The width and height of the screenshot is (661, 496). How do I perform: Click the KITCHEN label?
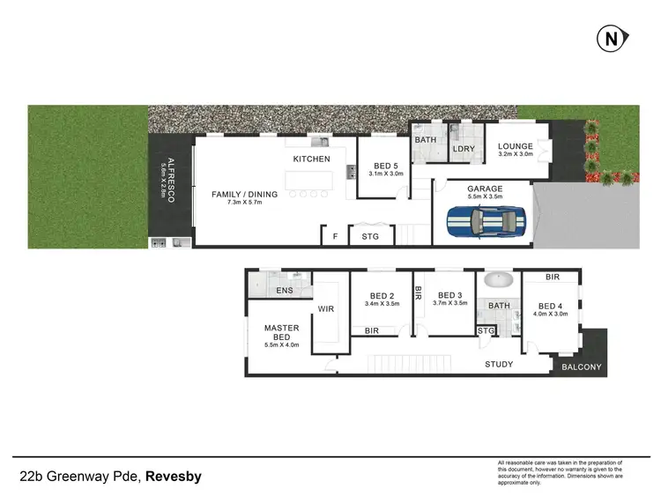(313, 159)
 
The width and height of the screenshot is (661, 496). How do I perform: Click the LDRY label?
(464, 149)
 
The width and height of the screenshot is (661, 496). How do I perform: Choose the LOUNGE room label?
(515, 147)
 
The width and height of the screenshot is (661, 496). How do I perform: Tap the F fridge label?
(335, 236)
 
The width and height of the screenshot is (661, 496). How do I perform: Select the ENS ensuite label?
(284, 290)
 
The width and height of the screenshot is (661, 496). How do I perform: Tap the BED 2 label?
(382, 295)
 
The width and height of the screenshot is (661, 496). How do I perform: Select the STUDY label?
(499, 364)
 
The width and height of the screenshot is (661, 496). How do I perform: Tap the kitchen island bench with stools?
(311, 181)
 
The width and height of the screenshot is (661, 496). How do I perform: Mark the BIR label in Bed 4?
(553, 277)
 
